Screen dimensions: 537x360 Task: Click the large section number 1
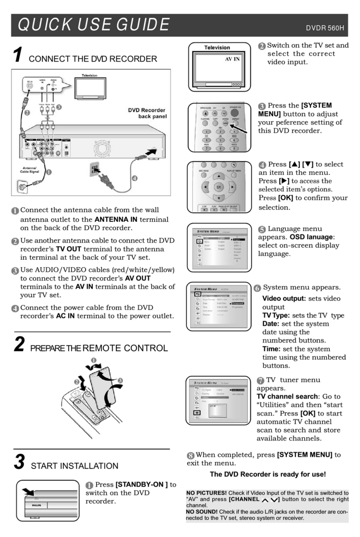click(x=17, y=55)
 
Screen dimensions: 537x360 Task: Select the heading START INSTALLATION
click(x=74, y=466)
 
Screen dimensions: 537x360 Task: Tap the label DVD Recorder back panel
click(x=145, y=113)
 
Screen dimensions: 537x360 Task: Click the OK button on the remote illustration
click(x=218, y=187)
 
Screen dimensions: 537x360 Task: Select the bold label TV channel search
click(x=288, y=396)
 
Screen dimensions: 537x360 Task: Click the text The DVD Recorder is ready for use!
click(x=268, y=474)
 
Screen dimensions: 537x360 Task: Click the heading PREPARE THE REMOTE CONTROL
click(x=99, y=348)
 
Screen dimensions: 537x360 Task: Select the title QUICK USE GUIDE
click(x=94, y=25)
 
